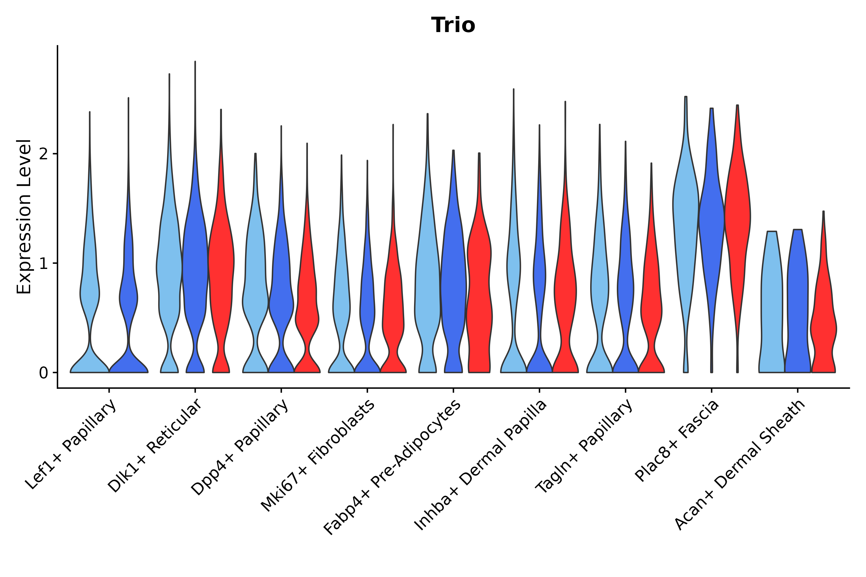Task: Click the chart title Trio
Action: tap(453, 25)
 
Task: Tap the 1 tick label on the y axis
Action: tap(43, 263)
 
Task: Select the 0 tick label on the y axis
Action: tap(43, 373)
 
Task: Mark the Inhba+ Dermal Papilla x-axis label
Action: tap(480, 465)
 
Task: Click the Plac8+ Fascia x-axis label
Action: tap(677, 441)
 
